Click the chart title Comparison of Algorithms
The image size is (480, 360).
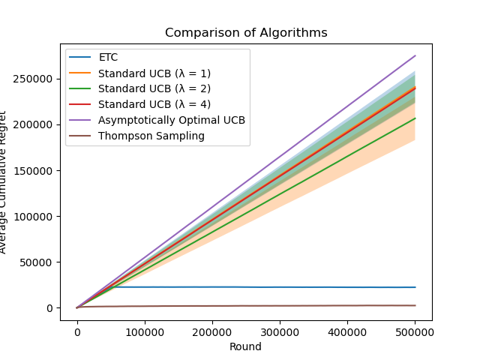(246, 33)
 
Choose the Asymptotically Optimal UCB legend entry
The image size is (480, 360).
(172, 120)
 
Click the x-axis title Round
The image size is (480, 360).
(246, 346)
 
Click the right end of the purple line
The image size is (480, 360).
(415, 55)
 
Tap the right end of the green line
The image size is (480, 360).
(415, 118)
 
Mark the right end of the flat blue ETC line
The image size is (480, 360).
(415, 287)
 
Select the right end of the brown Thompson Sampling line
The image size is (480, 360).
(415, 305)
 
